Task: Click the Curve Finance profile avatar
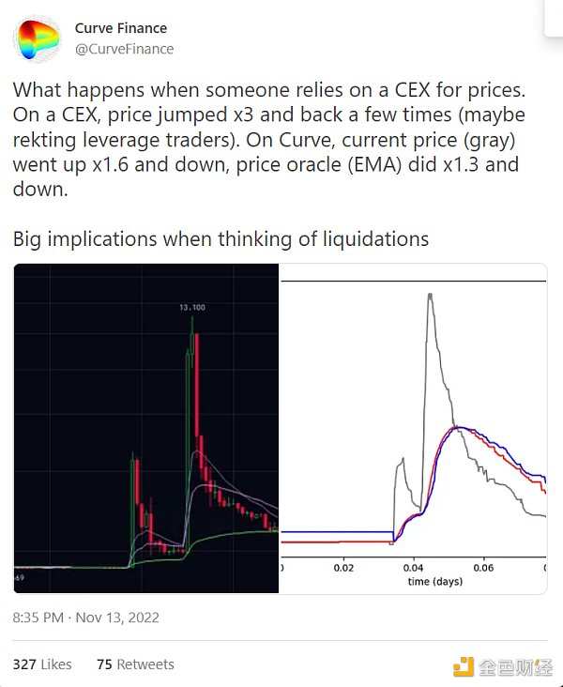(x=38, y=38)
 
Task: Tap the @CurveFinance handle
(x=125, y=49)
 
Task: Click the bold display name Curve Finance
(x=121, y=29)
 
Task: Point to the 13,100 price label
(x=193, y=307)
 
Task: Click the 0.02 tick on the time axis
(x=344, y=568)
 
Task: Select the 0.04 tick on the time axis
(x=414, y=568)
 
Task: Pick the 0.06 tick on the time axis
(x=483, y=568)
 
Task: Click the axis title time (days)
(x=434, y=581)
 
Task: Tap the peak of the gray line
(x=429, y=295)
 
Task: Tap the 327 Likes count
(x=42, y=664)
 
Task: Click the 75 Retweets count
(x=135, y=664)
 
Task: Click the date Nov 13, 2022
(x=117, y=617)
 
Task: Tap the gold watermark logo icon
(x=463, y=667)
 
